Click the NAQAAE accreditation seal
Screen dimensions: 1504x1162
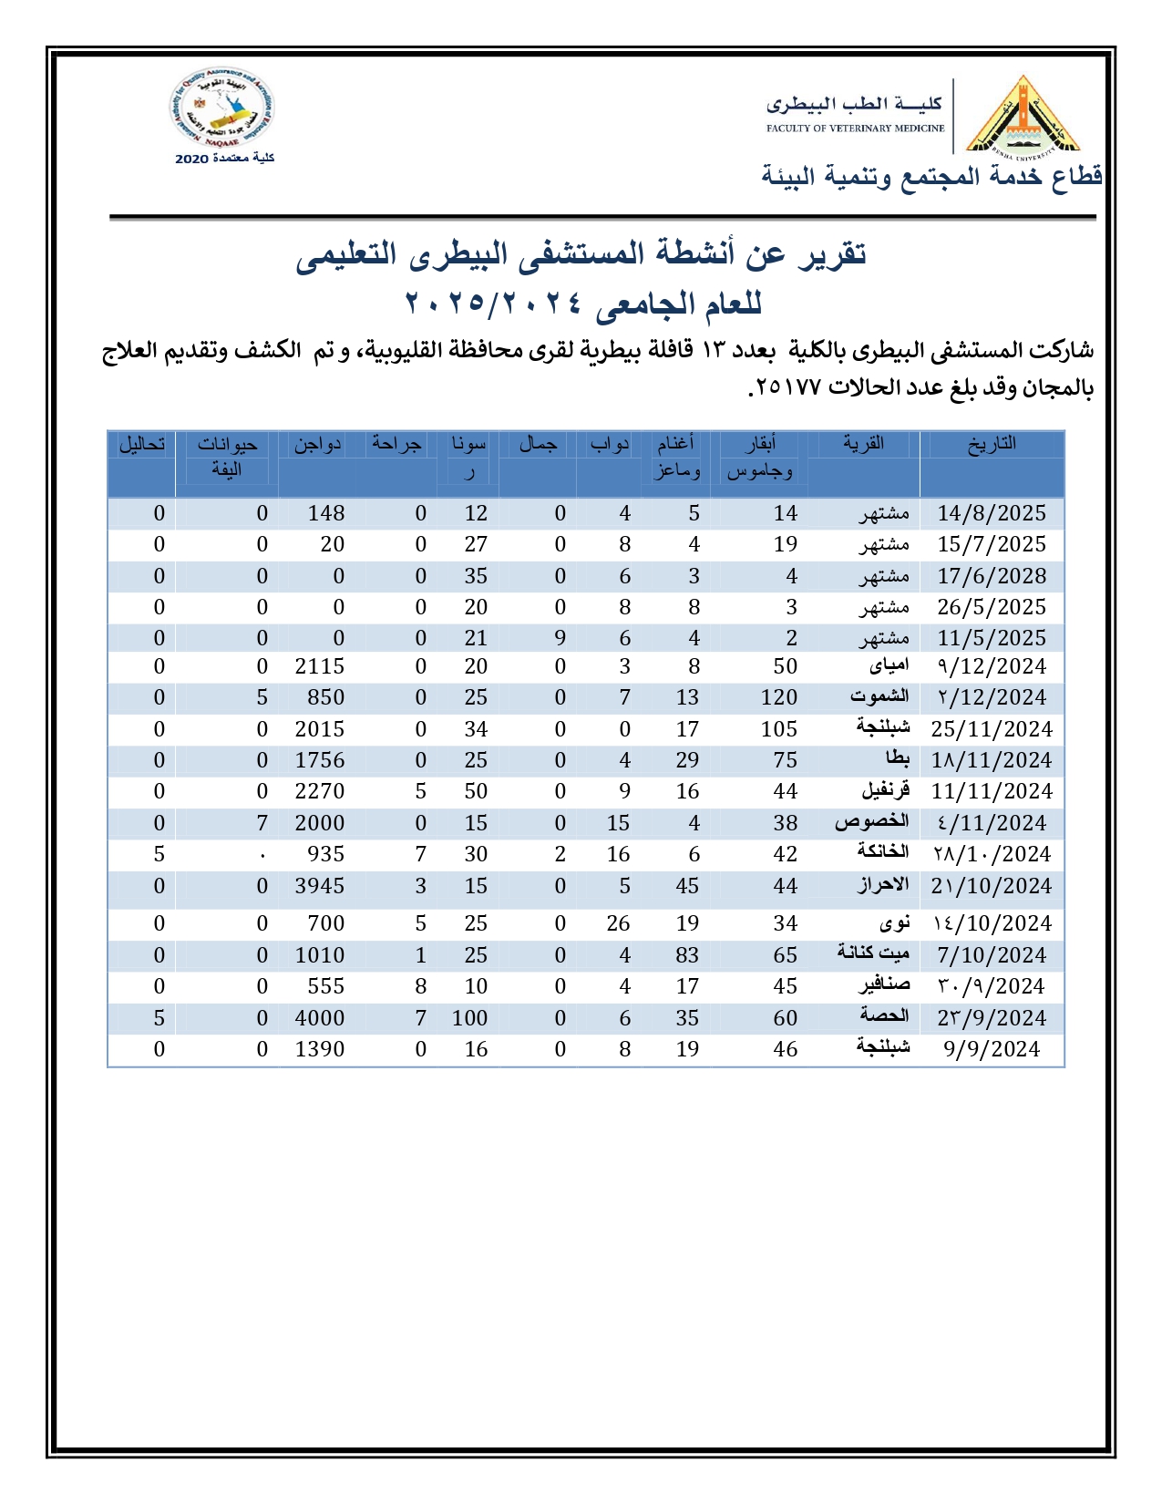(x=221, y=110)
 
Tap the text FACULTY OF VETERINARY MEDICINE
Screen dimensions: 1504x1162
(x=855, y=129)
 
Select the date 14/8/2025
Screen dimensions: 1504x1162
(x=992, y=513)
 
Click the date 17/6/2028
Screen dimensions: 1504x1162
(x=992, y=576)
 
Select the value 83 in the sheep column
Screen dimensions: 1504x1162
(x=687, y=955)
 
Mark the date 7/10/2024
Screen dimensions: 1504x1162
(x=992, y=955)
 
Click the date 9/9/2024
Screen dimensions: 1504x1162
(x=992, y=1049)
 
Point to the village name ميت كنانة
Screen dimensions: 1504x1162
(x=873, y=953)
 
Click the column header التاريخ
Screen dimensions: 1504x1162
(x=992, y=444)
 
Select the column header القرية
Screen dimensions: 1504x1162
(x=863, y=444)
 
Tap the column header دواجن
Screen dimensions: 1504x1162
(x=317, y=444)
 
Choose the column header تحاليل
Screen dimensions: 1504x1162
(x=142, y=444)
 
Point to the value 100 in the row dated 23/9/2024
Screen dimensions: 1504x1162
(x=469, y=1018)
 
